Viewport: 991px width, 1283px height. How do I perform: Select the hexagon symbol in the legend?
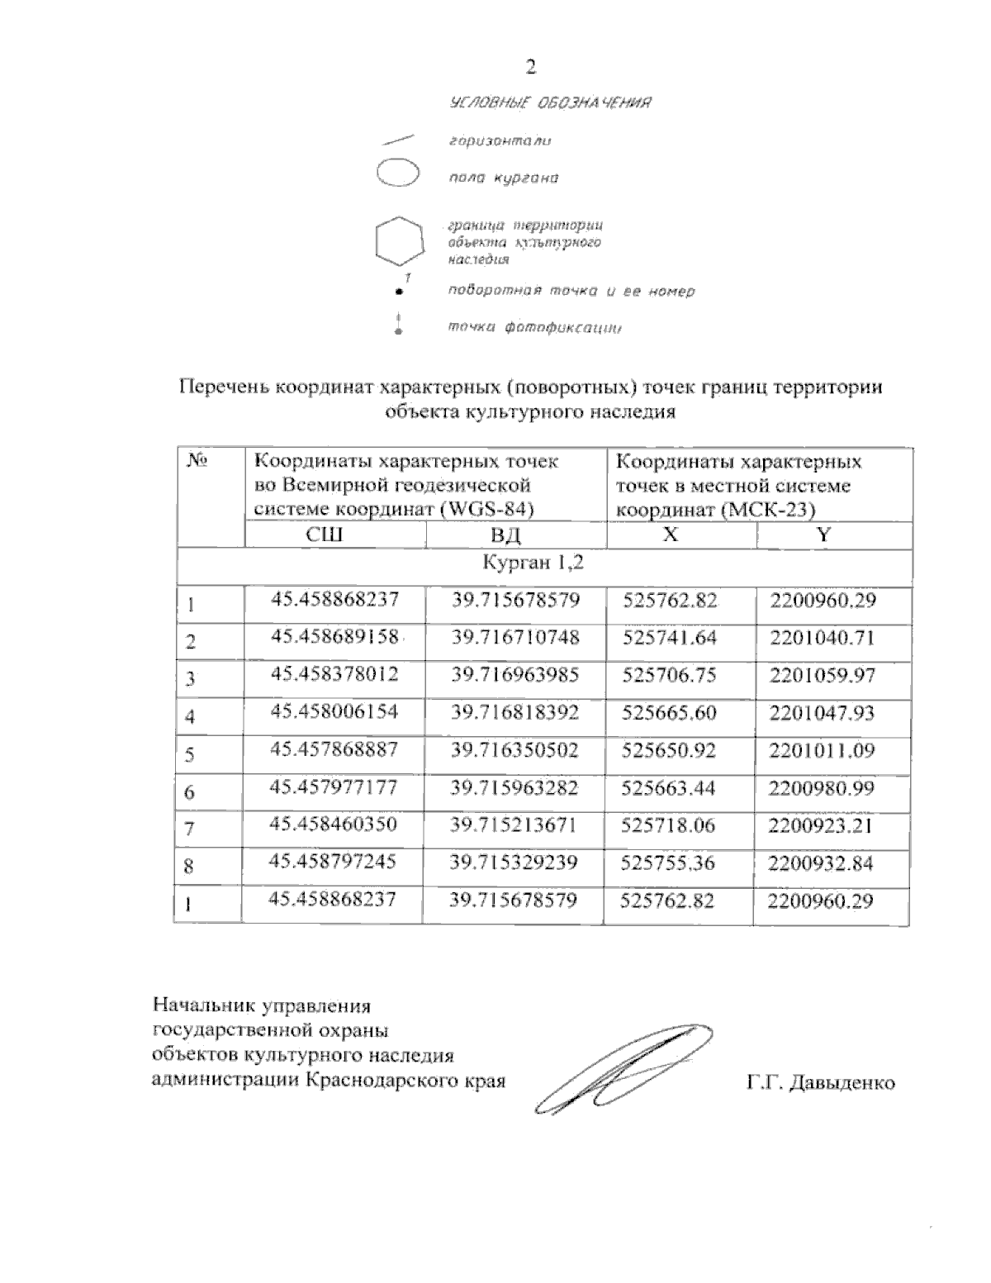[x=400, y=241]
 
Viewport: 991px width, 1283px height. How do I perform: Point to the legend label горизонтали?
[x=500, y=141]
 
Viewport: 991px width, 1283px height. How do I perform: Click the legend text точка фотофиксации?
[x=533, y=328]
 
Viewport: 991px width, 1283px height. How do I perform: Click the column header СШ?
[x=324, y=535]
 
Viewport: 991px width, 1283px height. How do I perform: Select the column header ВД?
[x=505, y=535]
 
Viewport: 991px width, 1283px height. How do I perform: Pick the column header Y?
[x=823, y=535]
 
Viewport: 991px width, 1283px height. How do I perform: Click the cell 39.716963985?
[x=514, y=675]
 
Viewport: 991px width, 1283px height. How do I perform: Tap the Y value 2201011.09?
[x=822, y=751]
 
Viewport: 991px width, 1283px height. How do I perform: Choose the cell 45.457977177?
[x=334, y=788]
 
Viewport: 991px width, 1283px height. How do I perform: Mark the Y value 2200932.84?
[x=821, y=863]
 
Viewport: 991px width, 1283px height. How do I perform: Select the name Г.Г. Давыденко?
[x=819, y=1082]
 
